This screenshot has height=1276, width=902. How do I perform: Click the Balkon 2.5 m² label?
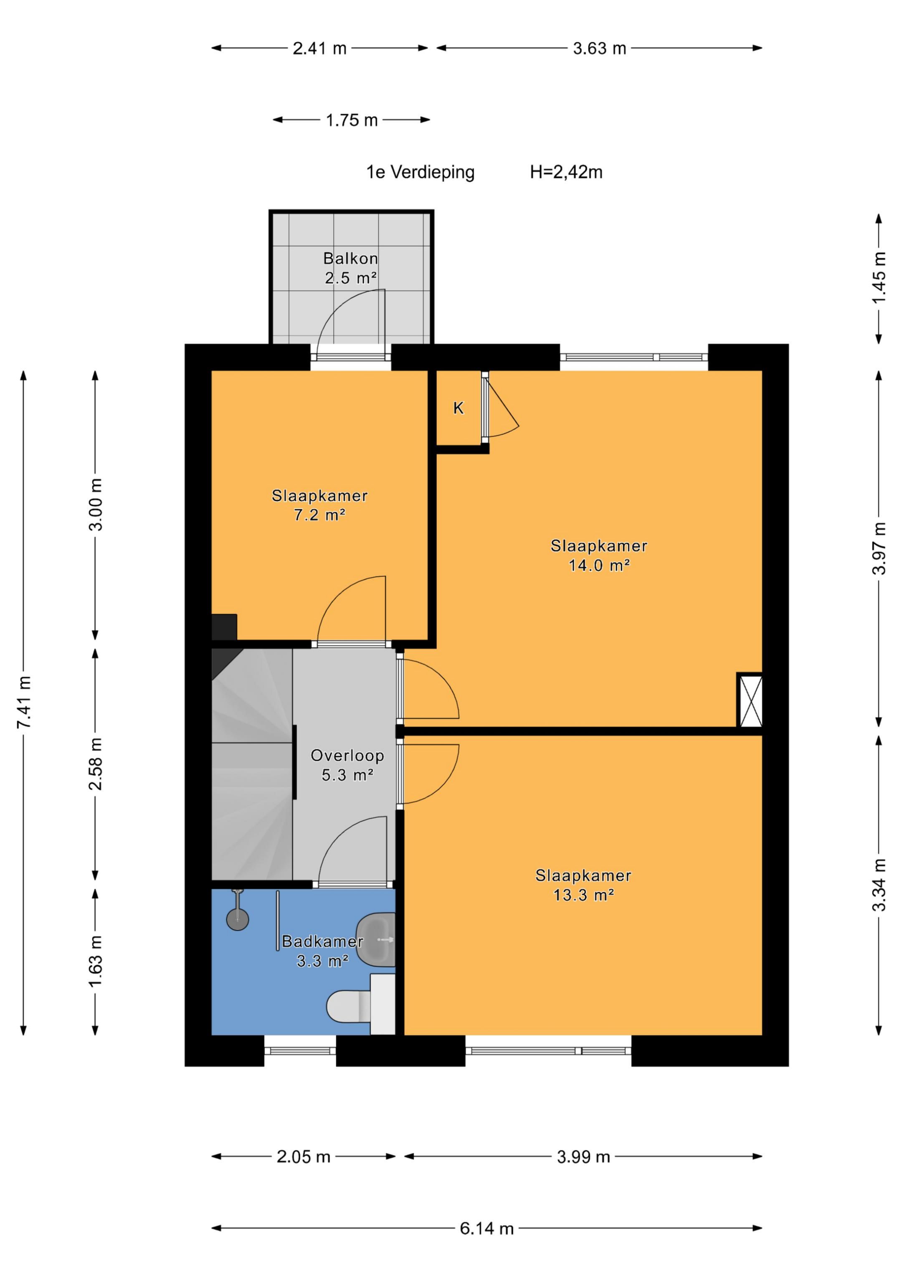point(351,268)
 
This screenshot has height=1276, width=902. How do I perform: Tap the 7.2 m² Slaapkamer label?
point(319,505)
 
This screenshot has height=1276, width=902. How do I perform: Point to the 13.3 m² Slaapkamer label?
point(583,885)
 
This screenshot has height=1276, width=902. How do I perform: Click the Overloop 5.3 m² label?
point(347,765)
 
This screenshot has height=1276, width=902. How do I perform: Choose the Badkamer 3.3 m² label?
point(322,951)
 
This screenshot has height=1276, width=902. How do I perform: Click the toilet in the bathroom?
point(360,1006)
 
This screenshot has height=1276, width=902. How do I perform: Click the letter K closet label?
point(459,408)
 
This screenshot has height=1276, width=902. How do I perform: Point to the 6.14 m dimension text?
point(486,1228)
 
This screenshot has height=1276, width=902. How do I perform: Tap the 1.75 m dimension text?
point(351,120)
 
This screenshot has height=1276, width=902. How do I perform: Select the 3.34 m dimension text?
point(879,885)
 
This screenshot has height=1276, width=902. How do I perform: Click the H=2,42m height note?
point(566,172)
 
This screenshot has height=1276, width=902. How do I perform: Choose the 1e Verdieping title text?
point(420,172)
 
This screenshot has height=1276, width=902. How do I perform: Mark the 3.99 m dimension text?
point(583,1157)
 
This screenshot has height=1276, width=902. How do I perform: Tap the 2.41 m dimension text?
point(319,48)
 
